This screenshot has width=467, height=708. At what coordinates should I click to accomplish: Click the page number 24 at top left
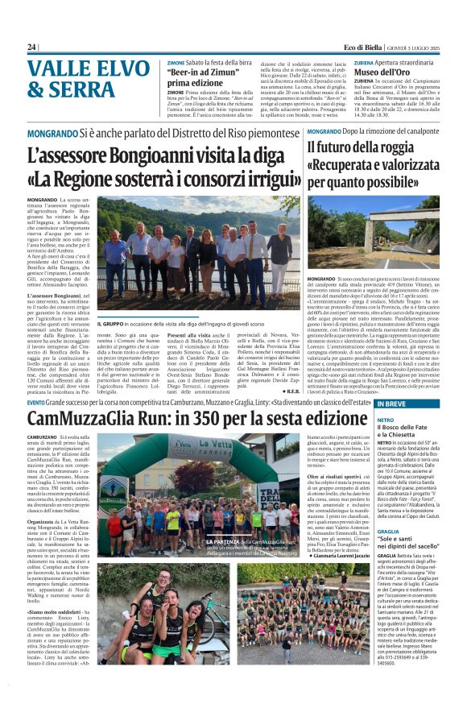(x=31, y=48)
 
